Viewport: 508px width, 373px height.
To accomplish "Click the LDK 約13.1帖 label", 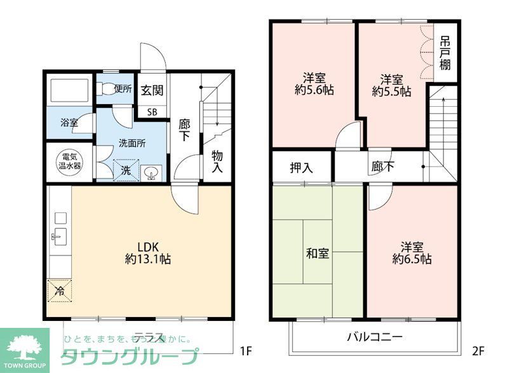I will [147, 253].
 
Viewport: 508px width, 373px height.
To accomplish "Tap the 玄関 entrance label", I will [152, 90].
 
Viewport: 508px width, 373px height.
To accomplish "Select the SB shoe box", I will [152, 112].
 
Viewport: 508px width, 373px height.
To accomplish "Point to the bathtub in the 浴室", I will [69, 93].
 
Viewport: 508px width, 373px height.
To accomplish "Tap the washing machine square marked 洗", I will [125, 170].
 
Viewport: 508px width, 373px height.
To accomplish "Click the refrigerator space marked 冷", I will [60, 291].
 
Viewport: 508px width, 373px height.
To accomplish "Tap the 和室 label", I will [317, 254].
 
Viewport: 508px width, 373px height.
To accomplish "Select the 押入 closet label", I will [301, 168].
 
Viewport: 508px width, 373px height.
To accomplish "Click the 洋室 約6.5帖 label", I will [412, 252].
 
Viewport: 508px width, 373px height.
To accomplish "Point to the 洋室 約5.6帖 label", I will [314, 84].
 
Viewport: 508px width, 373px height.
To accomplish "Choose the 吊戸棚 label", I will [445, 54].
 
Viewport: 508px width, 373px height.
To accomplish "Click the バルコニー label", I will [374, 337].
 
